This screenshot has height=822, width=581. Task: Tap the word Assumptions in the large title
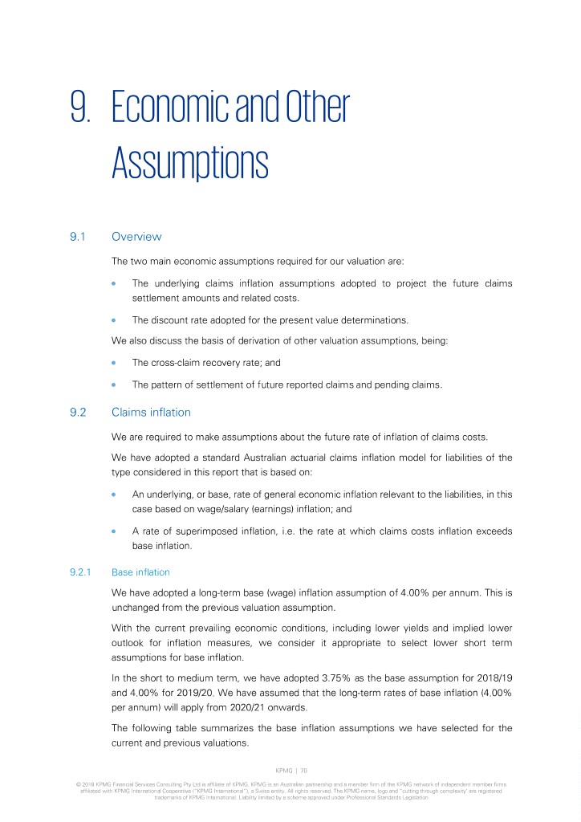189,164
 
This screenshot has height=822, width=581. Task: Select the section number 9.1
79,237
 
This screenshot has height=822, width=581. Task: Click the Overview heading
136,237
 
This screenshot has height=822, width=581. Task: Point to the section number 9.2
79,413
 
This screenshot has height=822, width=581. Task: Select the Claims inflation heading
151,413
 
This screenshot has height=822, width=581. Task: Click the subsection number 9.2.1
82,572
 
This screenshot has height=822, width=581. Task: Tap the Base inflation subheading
140,572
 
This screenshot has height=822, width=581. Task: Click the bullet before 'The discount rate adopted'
116,319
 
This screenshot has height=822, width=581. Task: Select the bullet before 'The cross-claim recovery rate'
116,363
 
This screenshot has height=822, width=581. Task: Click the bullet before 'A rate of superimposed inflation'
116,530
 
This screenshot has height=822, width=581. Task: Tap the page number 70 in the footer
304,768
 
